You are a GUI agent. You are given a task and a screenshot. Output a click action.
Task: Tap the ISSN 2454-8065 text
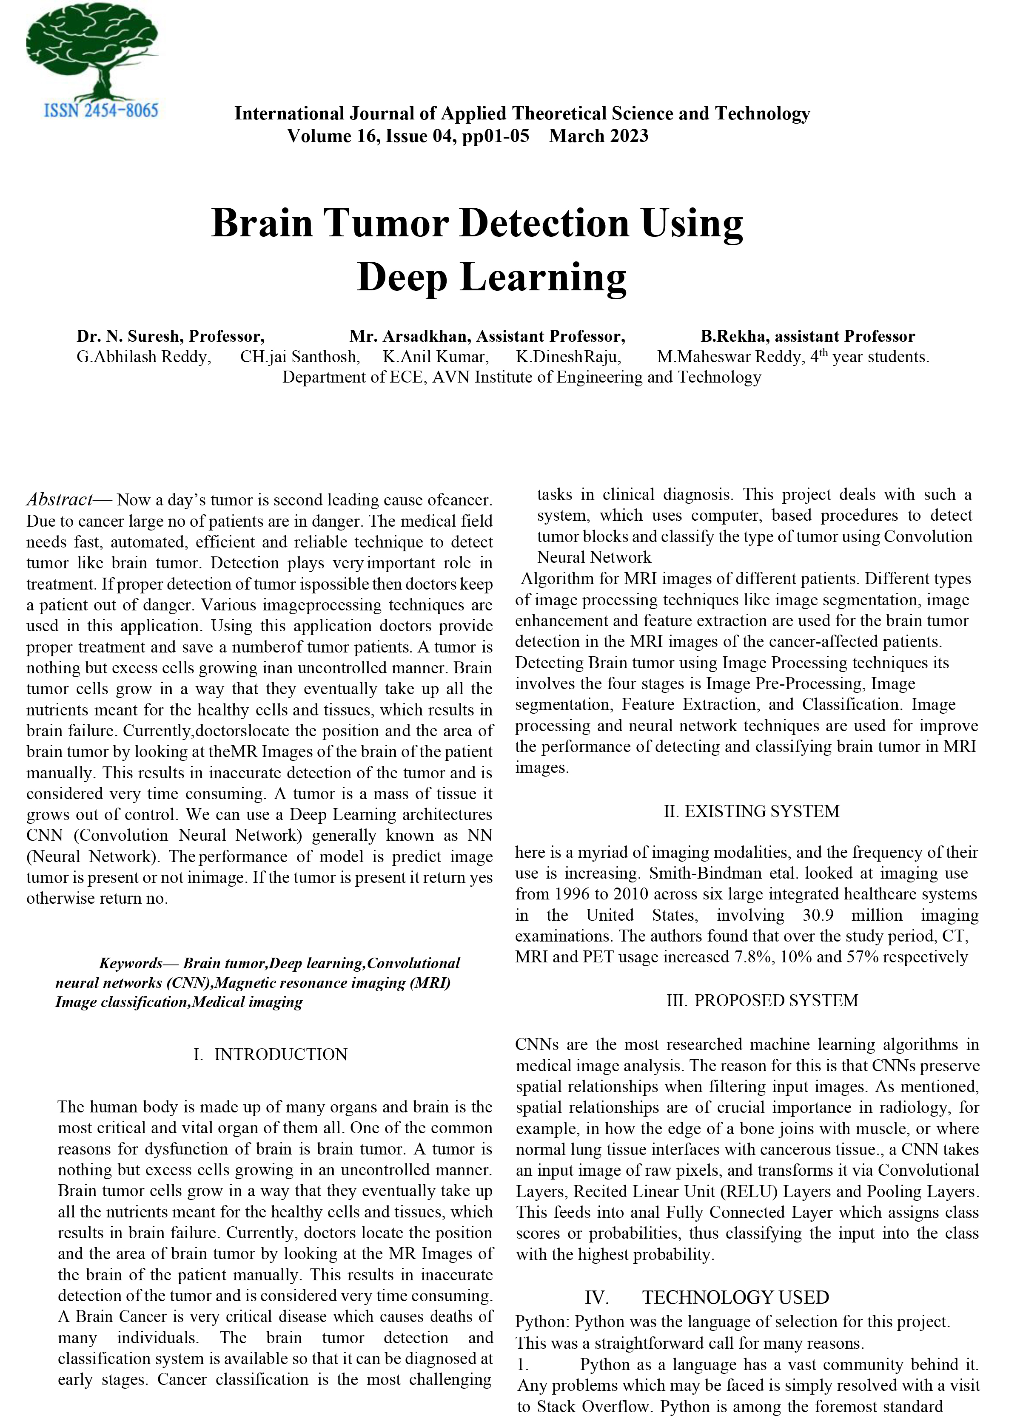click(101, 111)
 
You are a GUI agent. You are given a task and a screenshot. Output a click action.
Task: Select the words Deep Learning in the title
click(491, 278)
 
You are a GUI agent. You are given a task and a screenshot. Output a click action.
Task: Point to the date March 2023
click(598, 136)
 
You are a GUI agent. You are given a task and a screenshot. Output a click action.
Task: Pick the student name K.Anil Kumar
click(436, 357)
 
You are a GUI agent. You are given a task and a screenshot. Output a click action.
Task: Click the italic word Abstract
click(60, 500)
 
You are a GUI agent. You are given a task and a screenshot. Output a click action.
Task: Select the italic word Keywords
click(131, 963)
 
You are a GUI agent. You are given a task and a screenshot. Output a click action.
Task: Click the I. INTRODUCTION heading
click(270, 1055)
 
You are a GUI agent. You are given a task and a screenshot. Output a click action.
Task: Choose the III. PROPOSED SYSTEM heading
click(761, 1001)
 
